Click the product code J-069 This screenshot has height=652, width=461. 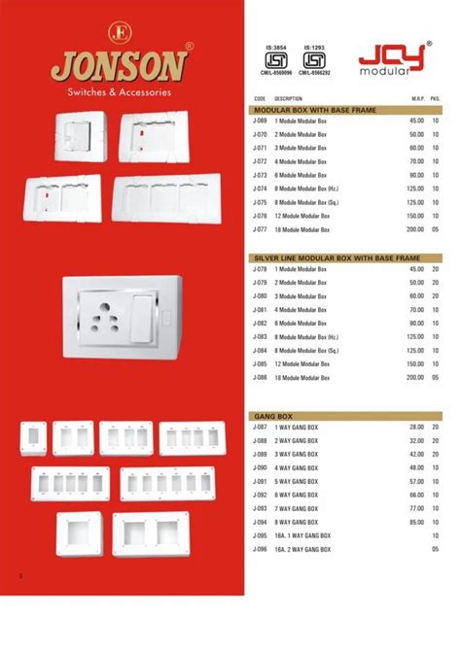(260, 121)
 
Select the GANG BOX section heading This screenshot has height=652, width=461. (267, 415)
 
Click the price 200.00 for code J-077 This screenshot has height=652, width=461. (415, 229)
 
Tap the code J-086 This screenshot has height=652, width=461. (260, 377)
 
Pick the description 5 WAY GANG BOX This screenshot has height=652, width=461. (298, 481)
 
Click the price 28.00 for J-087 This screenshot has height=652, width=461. (416, 427)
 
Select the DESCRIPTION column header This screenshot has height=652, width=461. (289, 99)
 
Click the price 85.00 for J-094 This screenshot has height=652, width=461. (416, 522)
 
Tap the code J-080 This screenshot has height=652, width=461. (260, 295)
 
